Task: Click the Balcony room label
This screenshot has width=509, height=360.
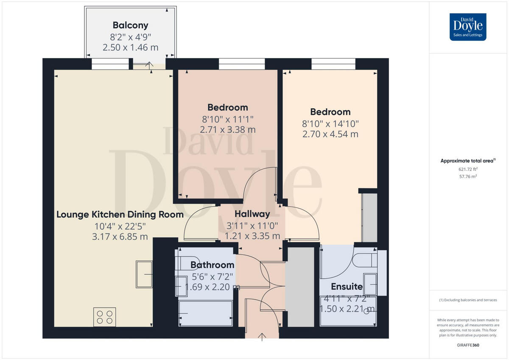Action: point(130,25)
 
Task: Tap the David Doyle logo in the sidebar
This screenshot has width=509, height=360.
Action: point(468,27)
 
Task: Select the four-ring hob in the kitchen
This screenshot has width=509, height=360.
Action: point(105,317)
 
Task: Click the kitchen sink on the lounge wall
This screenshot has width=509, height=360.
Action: point(144,274)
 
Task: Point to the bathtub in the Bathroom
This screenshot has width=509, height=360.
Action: point(206,313)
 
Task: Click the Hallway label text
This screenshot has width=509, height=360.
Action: point(252,214)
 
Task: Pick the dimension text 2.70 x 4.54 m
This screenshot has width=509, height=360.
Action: point(330,134)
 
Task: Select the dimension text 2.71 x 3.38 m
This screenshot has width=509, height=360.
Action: point(227,130)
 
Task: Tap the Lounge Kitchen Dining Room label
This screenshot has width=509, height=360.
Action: point(120,214)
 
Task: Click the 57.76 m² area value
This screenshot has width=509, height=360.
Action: point(468,176)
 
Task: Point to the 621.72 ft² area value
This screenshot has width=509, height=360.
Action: point(468,169)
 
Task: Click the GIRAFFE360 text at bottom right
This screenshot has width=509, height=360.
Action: point(468,345)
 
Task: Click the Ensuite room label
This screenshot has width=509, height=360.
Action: point(347,286)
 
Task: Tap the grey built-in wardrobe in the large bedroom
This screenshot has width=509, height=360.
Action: point(369,218)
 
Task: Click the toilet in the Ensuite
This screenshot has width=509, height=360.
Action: point(365,258)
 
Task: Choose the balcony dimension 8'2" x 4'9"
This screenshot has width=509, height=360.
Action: point(130,36)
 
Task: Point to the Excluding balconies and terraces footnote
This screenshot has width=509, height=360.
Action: point(468,300)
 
